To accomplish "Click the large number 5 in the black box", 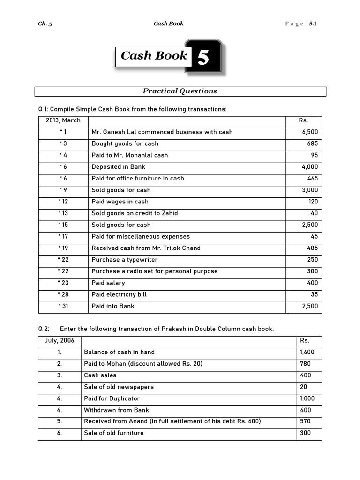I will point(203,58).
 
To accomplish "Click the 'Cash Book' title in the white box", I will point(154,56).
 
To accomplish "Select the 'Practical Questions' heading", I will point(180,91).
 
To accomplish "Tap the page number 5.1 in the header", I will point(313,23).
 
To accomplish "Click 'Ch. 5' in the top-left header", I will point(45,23).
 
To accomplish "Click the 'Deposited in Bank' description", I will point(118,167).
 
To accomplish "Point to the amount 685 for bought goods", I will point(313,143).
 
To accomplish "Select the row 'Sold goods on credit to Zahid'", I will point(135,213).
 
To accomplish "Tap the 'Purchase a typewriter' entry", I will point(125,260).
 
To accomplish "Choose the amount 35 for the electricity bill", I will point(314,294).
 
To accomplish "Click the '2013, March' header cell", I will point(63,120).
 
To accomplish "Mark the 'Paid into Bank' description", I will point(113,306).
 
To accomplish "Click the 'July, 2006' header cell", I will point(60,341).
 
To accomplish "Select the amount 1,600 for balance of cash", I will point(307,352).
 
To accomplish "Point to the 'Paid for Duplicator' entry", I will point(112,398).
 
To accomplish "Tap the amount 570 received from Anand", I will point(305,421).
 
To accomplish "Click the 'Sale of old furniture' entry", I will point(113,433).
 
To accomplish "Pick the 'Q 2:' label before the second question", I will point(44,329).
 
